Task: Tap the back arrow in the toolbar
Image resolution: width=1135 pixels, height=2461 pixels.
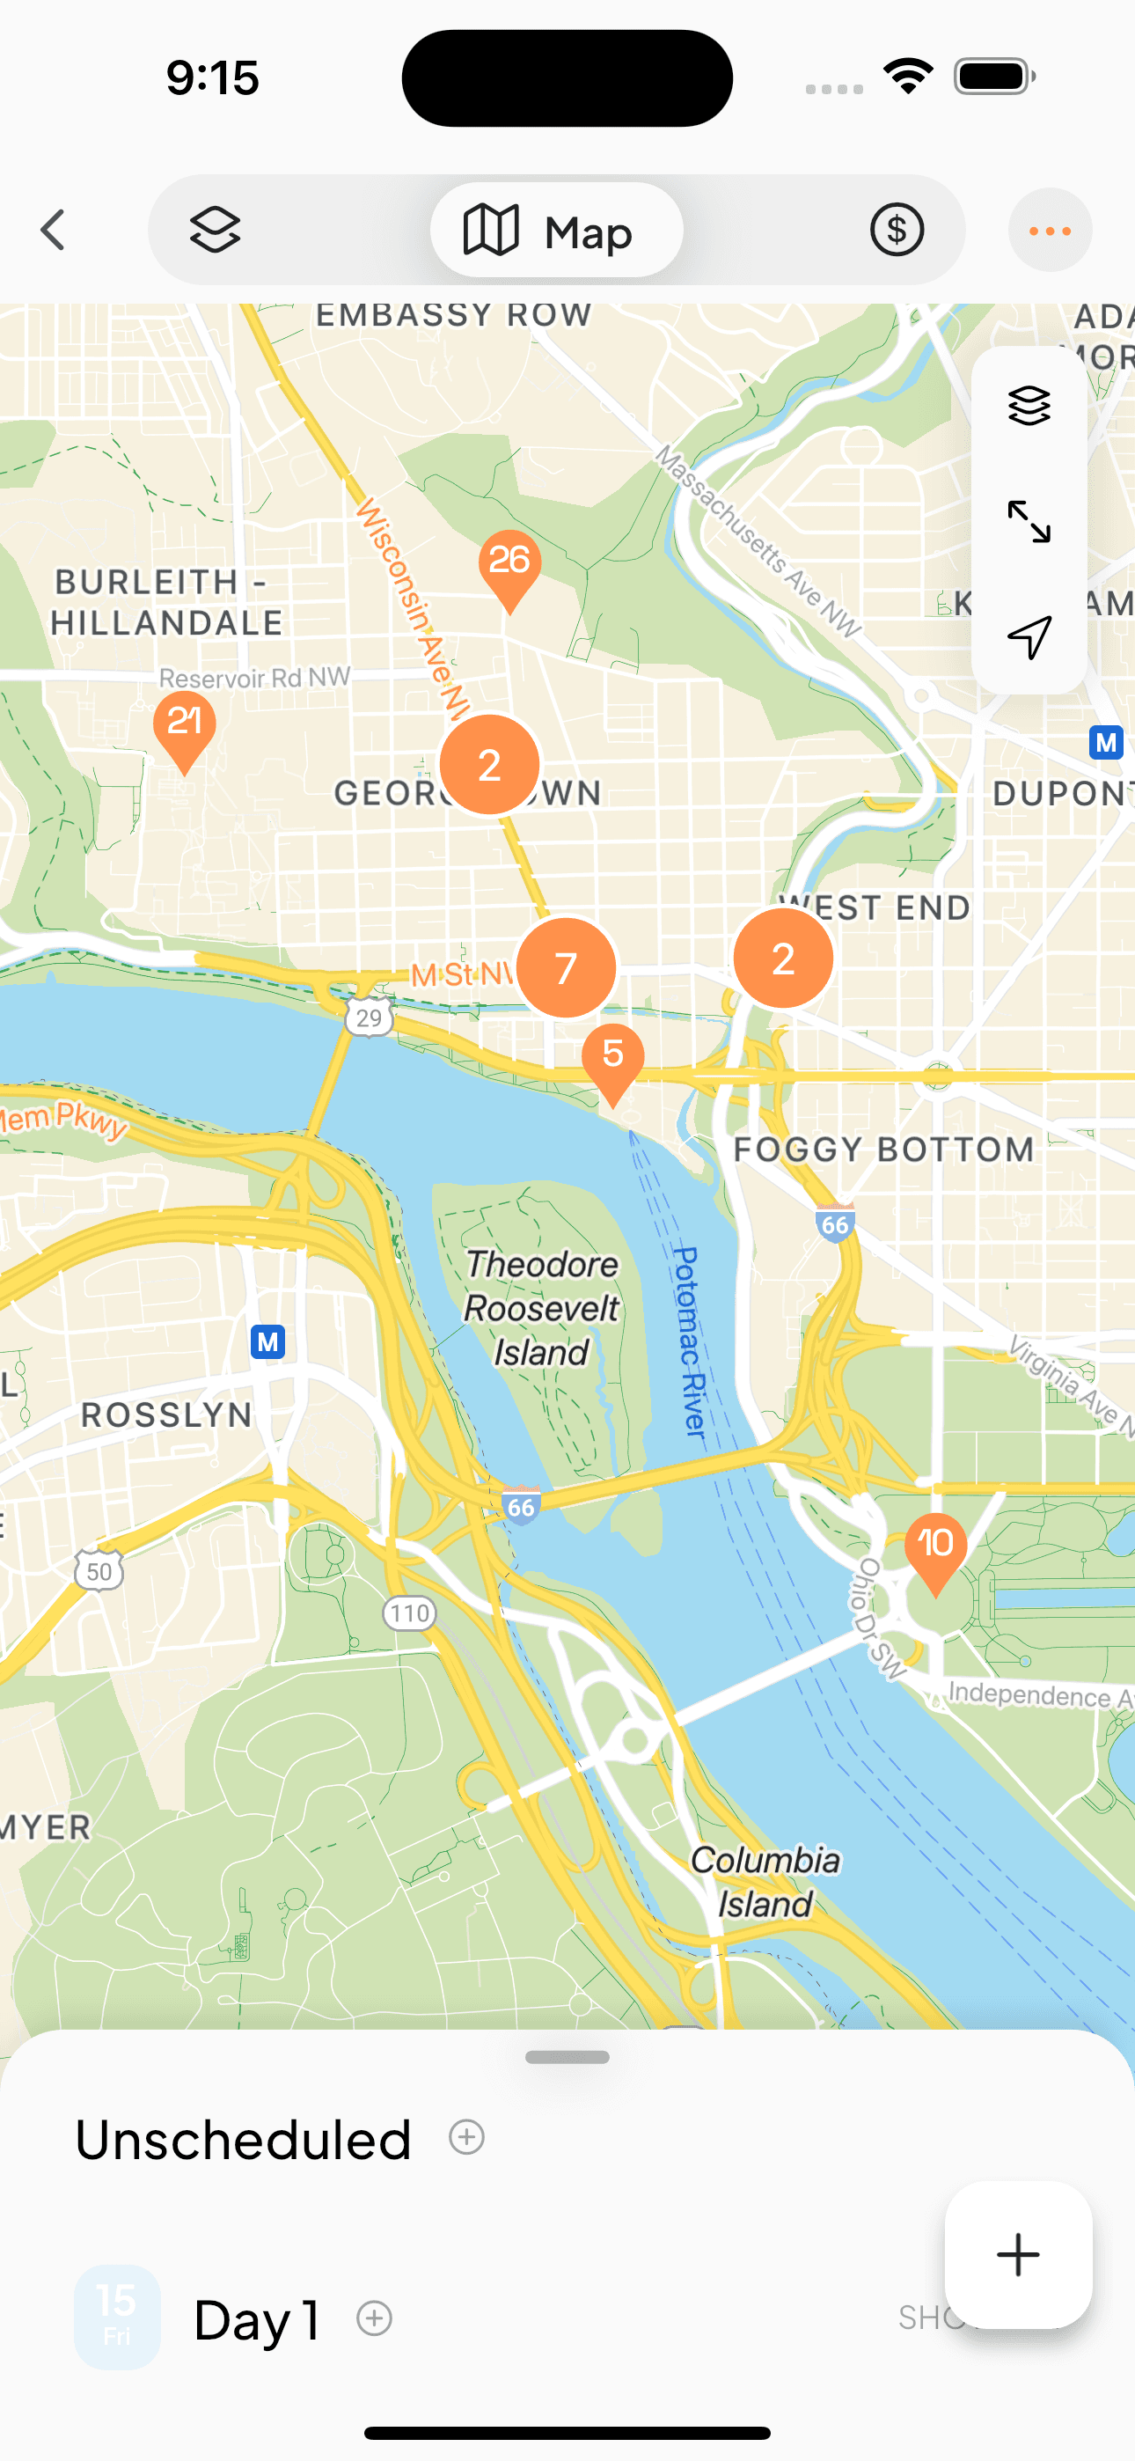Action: [54, 231]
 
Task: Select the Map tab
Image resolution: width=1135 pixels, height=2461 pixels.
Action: [556, 231]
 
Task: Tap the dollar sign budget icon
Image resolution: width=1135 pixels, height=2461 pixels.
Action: [897, 231]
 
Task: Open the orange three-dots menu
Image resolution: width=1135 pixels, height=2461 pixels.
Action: [1049, 231]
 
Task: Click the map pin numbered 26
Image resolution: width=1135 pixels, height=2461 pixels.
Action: [509, 563]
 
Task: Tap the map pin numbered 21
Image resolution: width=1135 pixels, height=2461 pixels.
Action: [185, 725]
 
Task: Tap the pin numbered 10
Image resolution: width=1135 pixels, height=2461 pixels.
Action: [935, 1546]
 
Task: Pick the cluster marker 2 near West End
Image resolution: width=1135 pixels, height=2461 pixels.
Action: [782, 959]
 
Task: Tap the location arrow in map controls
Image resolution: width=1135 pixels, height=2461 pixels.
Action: [1029, 637]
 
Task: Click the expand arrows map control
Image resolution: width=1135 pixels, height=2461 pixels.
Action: [1029, 522]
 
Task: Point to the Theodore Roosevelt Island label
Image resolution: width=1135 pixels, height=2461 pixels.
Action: [541, 1308]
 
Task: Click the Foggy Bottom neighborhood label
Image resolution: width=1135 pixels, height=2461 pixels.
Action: [883, 1150]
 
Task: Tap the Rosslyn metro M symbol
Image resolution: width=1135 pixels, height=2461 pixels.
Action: [267, 1342]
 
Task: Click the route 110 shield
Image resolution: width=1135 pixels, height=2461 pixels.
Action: [410, 1613]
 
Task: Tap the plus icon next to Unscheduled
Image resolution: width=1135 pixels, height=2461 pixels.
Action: [466, 2137]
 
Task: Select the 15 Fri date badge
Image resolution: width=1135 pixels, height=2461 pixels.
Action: [116, 2317]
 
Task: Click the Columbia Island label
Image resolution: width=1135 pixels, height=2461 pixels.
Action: [765, 1881]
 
